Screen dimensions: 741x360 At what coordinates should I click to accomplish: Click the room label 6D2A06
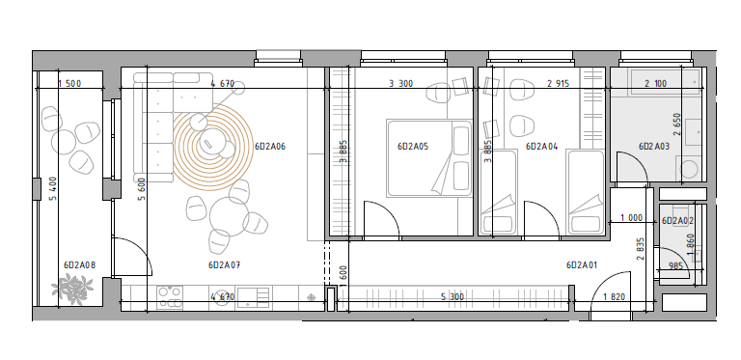click(x=270, y=147)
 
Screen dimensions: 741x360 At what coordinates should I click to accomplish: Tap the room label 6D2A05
click(x=413, y=147)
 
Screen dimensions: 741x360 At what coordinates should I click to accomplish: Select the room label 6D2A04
click(x=541, y=147)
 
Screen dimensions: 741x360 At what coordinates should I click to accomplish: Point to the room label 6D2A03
click(x=654, y=147)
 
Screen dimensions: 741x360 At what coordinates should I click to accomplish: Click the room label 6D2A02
click(x=677, y=221)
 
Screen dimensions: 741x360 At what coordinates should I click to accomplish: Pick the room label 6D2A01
click(x=582, y=265)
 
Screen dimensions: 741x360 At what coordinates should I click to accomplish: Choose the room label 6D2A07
click(x=224, y=265)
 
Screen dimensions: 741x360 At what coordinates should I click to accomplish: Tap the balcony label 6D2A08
click(x=79, y=265)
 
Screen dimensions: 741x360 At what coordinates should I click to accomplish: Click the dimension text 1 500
click(x=69, y=84)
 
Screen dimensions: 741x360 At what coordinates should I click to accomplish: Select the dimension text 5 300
click(x=453, y=297)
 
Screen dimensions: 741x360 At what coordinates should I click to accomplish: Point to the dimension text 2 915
click(x=558, y=84)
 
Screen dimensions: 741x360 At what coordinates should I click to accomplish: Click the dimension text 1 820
click(x=615, y=297)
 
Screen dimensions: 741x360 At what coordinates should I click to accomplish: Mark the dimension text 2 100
click(x=655, y=84)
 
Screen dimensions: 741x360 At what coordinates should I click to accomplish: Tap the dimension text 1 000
click(x=631, y=218)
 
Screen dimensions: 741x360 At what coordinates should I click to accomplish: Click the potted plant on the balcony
click(x=72, y=290)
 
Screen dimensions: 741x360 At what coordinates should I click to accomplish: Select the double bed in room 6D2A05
click(x=429, y=157)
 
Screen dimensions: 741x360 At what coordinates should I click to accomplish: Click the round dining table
click(x=230, y=216)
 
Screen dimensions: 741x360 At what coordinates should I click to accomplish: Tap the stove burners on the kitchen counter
click(x=170, y=297)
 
